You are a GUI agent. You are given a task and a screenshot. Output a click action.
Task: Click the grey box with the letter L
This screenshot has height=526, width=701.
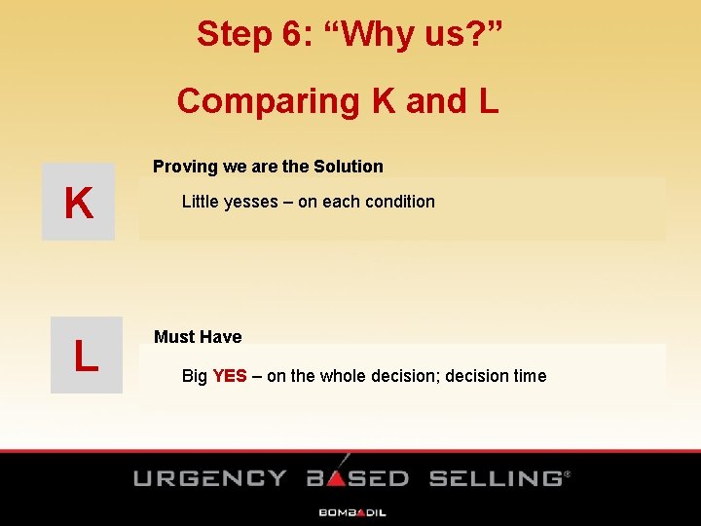86,355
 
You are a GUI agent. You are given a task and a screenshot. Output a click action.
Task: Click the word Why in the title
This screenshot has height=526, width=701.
372,34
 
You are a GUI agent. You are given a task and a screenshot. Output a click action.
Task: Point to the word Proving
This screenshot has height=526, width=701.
185,167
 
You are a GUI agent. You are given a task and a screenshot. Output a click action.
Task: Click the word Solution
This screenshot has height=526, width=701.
348,167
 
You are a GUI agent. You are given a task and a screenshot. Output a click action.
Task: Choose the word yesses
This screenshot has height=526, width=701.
251,202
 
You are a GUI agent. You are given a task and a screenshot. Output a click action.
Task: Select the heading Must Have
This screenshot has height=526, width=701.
198,337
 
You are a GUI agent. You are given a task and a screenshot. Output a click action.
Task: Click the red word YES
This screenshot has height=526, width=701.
230,376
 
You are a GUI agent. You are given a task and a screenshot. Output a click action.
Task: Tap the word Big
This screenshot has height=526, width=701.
194,376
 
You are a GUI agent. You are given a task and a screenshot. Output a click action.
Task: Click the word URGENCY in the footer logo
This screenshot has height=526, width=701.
209,478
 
